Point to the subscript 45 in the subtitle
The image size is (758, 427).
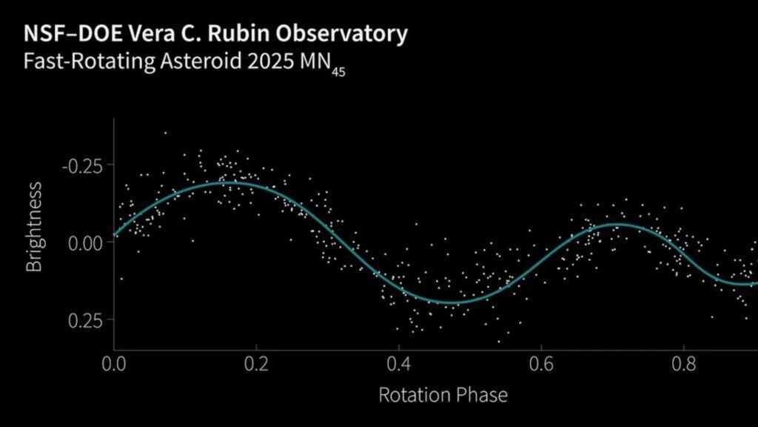pos(338,72)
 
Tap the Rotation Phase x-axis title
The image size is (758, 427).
pos(443,394)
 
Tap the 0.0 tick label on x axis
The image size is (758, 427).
pos(114,365)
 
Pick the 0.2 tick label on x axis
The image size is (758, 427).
pos(256,365)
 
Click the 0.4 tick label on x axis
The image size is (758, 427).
pos(399,365)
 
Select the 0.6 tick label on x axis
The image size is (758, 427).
pos(541,365)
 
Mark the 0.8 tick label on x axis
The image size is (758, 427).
pos(684,365)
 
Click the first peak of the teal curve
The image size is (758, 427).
pos(230,182)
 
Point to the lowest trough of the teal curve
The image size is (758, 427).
pos(452,302)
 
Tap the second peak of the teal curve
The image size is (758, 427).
pos(620,224)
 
